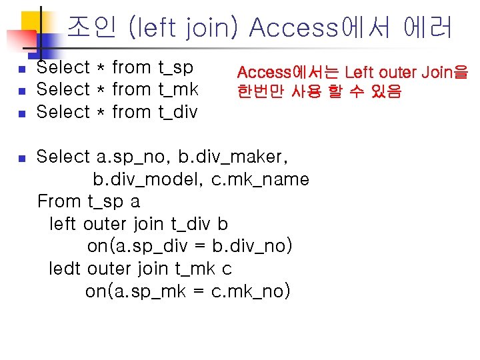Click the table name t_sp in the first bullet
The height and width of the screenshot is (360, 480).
tap(175, 67)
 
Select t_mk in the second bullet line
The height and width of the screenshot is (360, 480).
tap(178, 89)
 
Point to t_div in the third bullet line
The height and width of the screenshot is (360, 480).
tap(177, 111)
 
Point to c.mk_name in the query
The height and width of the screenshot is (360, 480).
tap(260, 179)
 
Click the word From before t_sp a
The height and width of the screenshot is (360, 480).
tap(59, 201)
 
